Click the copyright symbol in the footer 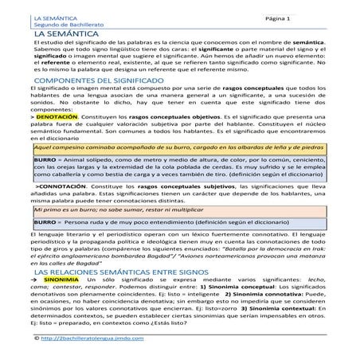pyautogui.click(x=37, y=339)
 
